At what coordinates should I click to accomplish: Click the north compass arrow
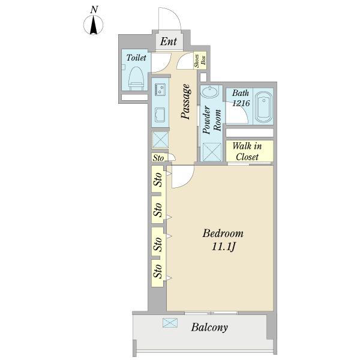94,25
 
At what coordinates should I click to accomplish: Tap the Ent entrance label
169,41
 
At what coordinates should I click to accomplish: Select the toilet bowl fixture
136,79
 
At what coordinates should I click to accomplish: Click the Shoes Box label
200,61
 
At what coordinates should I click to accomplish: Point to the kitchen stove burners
160,89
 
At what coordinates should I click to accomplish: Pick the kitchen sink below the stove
160,115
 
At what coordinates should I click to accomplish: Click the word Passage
186,101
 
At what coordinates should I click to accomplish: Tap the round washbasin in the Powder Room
209,92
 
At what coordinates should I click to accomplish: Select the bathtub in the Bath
263,107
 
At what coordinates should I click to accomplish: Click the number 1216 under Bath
241,103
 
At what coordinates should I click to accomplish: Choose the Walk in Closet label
247,151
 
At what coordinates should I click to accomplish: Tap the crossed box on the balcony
170,322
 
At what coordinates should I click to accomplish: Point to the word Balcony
209,327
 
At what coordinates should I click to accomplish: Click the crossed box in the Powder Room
212,152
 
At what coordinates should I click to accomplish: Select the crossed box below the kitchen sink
160,140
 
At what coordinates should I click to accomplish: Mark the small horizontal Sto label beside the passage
158,158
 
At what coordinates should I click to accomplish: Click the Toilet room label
136,58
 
